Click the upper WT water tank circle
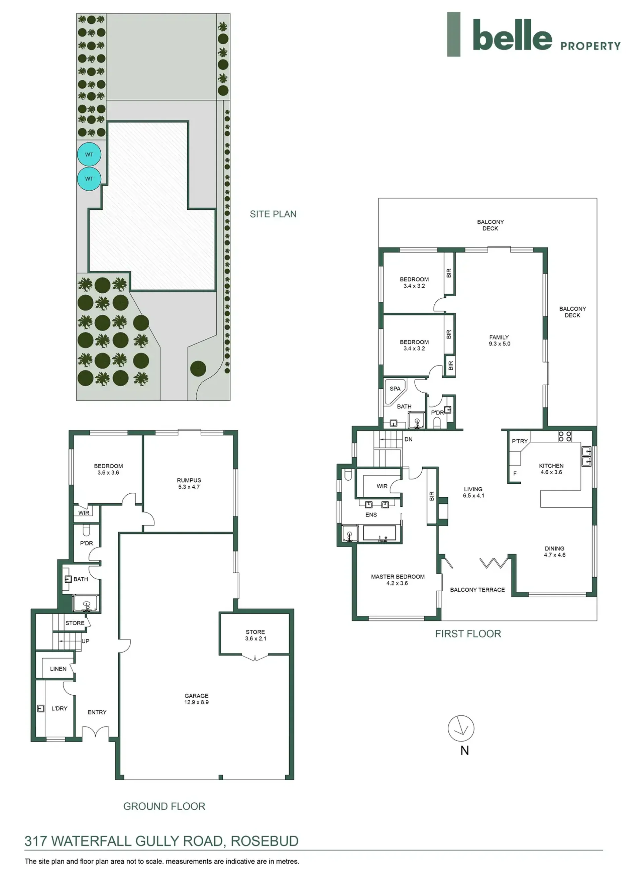(89, 155)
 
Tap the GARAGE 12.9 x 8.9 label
(196, 699)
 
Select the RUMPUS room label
(189, 483)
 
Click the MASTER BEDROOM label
(398, 580)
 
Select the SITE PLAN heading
(273, 214)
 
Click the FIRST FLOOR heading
(468, 634)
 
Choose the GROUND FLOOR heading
(164, 806)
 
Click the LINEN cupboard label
(58, 669)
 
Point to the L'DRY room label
(59, 708)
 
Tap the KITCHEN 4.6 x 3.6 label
(551, 469)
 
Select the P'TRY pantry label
(520, 441)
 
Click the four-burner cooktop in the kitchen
(565, 436)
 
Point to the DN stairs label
(408, 439)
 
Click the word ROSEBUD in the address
(264, 841)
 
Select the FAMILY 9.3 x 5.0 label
(499, 340)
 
